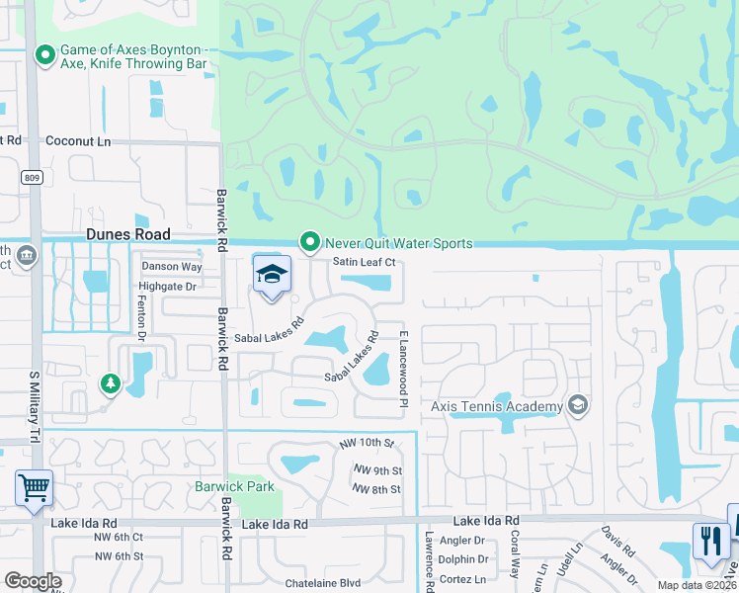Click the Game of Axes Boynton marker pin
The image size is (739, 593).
[x=44, y=55]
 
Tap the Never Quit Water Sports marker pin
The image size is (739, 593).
[x=310, y=242]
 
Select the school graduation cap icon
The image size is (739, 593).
[x=272, y=275]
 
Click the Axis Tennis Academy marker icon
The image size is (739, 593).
[x=578, y=405]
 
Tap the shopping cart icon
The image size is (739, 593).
[x=34, y=486]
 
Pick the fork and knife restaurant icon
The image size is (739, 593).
[x=710, y=541]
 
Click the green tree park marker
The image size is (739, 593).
[x=110, y=382]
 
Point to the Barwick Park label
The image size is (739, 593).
[x=234, y=486]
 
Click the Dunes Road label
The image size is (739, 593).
[x=128, y=234]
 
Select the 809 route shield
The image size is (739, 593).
[x=32, y=176]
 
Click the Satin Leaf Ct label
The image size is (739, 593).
[x=364, y=262]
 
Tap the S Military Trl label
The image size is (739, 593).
[x=34, y=406]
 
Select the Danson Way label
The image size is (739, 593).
[x=172, y=267]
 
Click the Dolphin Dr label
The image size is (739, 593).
[x=464, y=559]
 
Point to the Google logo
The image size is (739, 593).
[x=33, y=581]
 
